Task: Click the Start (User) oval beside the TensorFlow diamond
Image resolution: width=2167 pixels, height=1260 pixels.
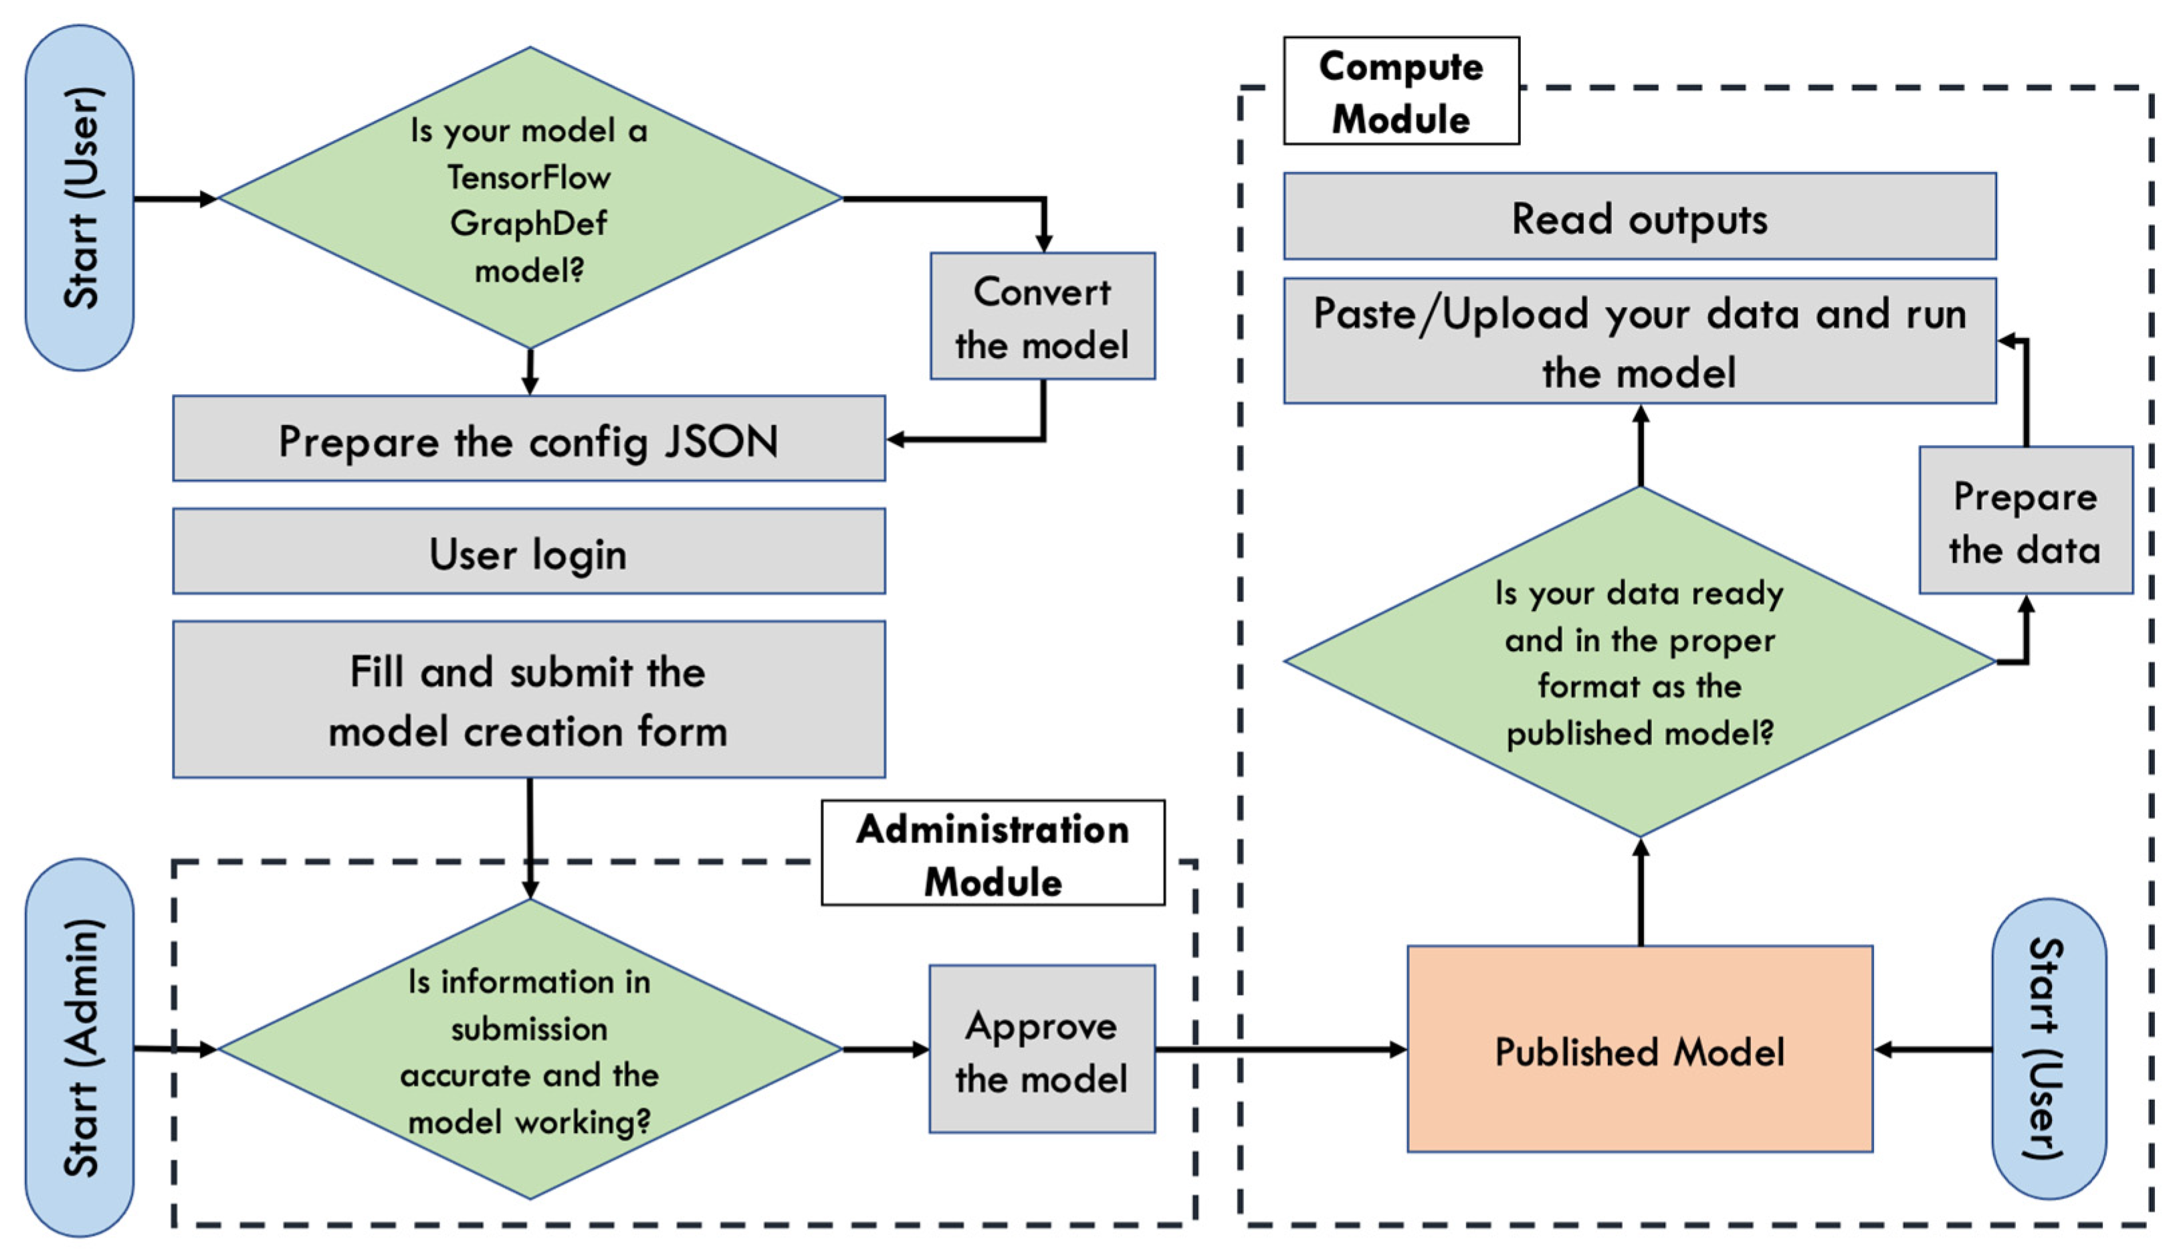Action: click(x=79, y=198)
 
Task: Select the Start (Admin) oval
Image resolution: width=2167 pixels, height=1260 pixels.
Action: click(x=79, y=1048)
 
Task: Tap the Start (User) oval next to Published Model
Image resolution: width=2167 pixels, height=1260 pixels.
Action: click(x=2049, y=1049)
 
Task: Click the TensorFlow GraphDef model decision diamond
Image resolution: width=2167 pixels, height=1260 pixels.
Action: click(x=530, y=198)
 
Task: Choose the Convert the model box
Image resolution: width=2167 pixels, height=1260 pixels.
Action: click(x=1042, y=317)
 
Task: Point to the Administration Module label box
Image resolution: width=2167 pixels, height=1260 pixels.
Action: click(x=993, y=853)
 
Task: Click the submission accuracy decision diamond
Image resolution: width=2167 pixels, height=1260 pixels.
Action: click(x=530, y=1049)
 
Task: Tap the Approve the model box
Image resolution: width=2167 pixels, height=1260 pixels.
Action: click(x=1041, y=1049)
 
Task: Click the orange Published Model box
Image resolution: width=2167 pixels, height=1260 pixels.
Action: click(x=1639, y=1049)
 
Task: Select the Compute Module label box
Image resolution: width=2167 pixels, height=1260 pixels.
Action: click(x=1401, y=90)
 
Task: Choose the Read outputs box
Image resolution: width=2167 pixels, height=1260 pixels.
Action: click(x=1639, y=217)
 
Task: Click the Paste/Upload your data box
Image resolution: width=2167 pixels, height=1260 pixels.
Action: click(x=1639, y=341)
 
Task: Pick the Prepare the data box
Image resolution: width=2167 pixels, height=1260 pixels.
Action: click(x=2025, y=521)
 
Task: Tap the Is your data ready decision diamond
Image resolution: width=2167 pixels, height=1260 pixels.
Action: click(x=1639, y=662)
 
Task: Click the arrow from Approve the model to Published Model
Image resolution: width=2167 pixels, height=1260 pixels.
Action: click(x=1281, y=1049)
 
